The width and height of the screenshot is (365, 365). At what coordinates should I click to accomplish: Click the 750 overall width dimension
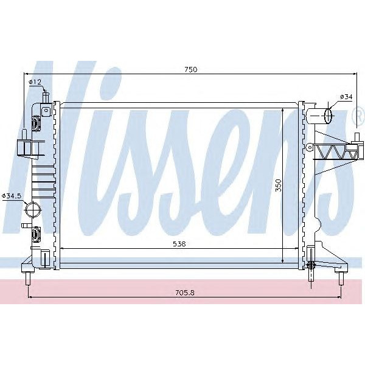(191, 70)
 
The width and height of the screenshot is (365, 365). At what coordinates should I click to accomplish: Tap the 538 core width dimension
(178, 243)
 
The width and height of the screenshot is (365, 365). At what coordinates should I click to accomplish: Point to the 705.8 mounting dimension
(184, 292)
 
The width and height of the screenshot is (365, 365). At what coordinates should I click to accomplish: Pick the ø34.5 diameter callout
(12, 195)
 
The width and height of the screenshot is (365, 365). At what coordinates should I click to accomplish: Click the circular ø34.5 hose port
(32, 210)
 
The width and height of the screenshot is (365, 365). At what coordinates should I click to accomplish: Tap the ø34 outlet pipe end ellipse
(328, 114)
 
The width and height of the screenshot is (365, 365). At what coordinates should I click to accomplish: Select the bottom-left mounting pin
(29, 282)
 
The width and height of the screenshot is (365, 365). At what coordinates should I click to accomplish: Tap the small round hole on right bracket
(310, 146)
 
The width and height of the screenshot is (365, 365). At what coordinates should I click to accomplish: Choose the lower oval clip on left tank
(36, 232)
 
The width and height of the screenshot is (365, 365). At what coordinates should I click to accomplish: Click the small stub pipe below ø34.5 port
(26, 225)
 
